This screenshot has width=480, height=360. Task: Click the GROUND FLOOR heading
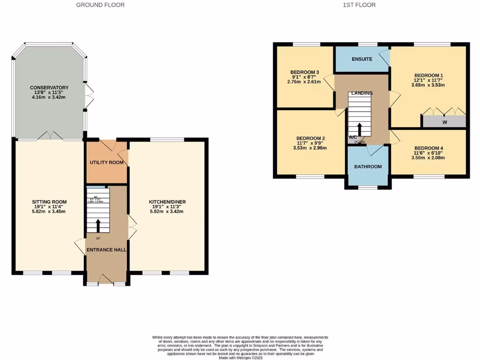tap(100, 5)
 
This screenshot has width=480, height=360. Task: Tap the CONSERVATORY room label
tap(49, 88)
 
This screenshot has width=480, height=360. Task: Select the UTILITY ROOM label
tap(106, 163)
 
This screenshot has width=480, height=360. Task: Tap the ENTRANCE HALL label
tap(106, 250)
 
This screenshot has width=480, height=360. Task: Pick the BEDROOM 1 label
tap(428, 75)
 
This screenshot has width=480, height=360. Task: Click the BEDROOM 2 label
tap(309, 138)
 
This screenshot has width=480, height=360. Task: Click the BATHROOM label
tap(367, 166)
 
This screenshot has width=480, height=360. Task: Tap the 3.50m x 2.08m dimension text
tap(428, 157)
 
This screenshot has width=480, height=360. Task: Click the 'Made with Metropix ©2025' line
tap(240, 358)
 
